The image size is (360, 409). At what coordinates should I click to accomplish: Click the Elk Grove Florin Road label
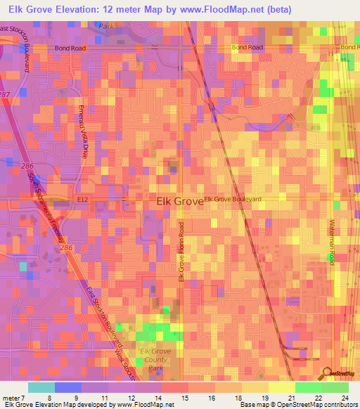point(181,253)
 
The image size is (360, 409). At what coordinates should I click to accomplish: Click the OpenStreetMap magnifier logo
point(328,374)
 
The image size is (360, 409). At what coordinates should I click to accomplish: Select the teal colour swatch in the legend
point(41,387)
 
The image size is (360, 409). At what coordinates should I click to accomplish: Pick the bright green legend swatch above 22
point(308,387)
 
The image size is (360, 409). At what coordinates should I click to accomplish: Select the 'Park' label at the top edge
point(106,25)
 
